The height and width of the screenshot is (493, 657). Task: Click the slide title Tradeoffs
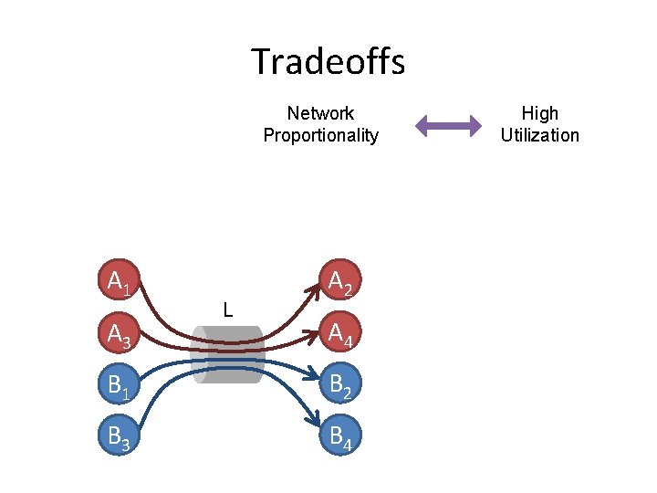pos(328,62)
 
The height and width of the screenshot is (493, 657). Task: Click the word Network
pos(320,113)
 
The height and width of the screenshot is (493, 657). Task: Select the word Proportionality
pos(320,135)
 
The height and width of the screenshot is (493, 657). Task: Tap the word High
pos(539,113)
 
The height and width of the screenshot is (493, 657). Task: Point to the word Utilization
pos(539,135)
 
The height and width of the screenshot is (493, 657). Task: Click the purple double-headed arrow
pos(448,125)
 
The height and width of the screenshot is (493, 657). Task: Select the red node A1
pos(119,283)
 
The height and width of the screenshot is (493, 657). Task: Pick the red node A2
pos(340,283)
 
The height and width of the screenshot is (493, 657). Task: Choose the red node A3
pos(119,336)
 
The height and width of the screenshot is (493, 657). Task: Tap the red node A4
pos(340,336)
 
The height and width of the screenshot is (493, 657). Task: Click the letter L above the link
pos(228,310)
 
